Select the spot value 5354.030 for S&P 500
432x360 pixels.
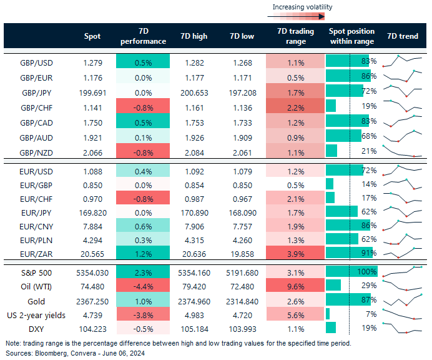(x=91, y=272)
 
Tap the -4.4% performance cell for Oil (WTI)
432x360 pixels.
(x=144, y=285)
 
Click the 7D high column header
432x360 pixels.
(x=193, y=36)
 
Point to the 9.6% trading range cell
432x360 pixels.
(x=295, y=285)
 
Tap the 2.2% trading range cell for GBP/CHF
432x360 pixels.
(x=295, y=106)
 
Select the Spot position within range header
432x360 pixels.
(x=351, y=36)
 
